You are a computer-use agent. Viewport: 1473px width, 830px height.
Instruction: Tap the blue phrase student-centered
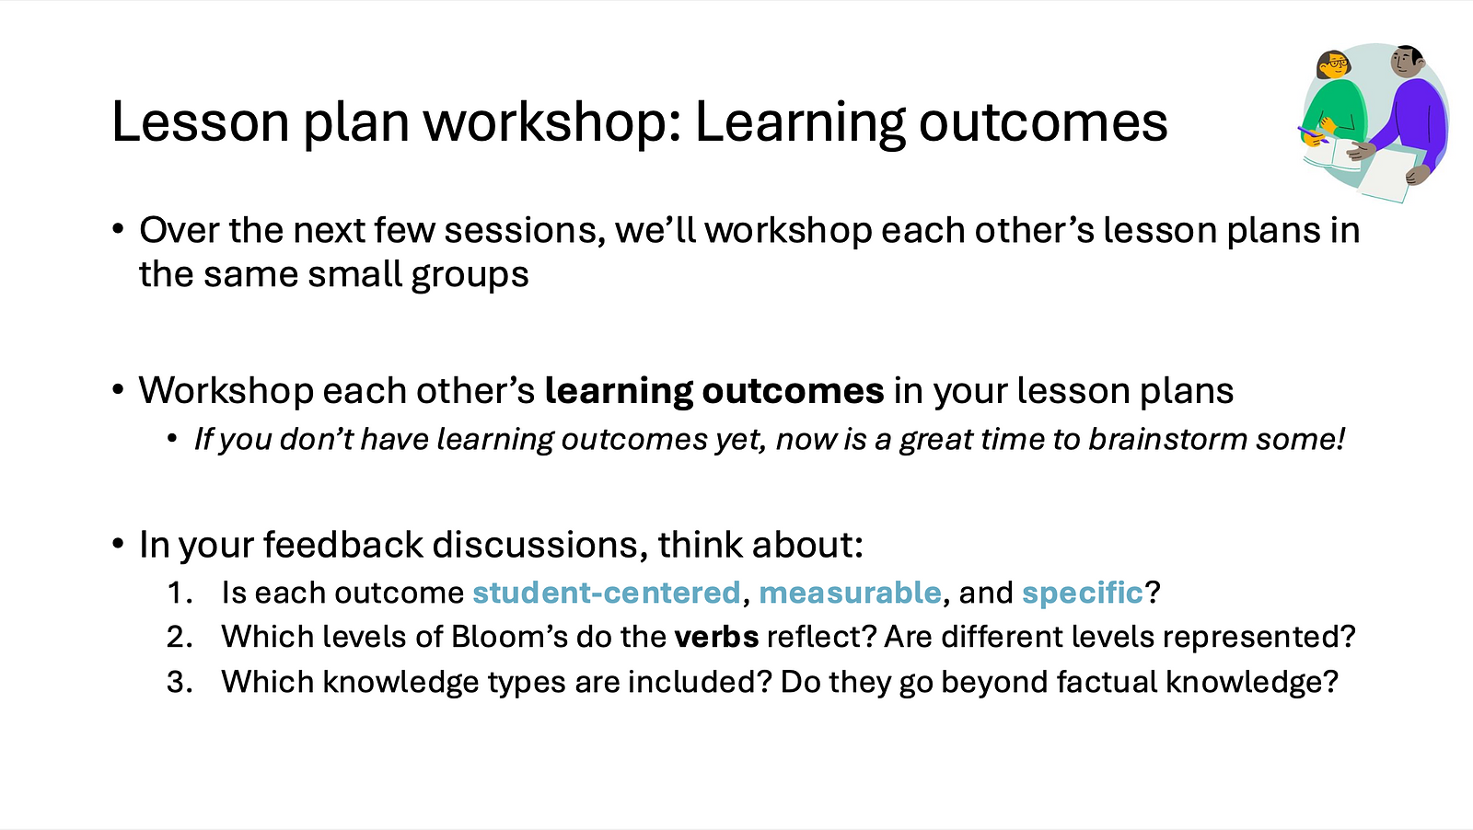tap(607, 592)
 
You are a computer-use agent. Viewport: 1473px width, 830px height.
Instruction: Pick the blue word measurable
tap(850, 592)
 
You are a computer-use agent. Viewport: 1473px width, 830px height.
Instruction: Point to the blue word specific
tap(1083, 592)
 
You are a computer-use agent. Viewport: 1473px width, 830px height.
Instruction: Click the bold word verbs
tap(717, 637)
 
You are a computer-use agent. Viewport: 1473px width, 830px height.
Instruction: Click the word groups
tap(470, 275)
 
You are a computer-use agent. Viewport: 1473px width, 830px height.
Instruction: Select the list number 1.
tap(179, 592)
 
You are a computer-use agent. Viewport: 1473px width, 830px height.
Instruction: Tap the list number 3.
tap(179, 682)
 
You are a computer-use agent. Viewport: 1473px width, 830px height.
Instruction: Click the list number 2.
tap(179, 637)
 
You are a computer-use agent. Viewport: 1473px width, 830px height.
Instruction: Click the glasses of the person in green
tap(1337, 64)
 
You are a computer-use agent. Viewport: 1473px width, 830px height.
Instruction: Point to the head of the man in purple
tap(1406, 63)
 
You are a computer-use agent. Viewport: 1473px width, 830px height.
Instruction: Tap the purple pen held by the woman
tap(1313, 134)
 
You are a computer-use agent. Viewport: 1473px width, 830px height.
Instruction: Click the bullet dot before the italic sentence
tap(172, 439)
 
